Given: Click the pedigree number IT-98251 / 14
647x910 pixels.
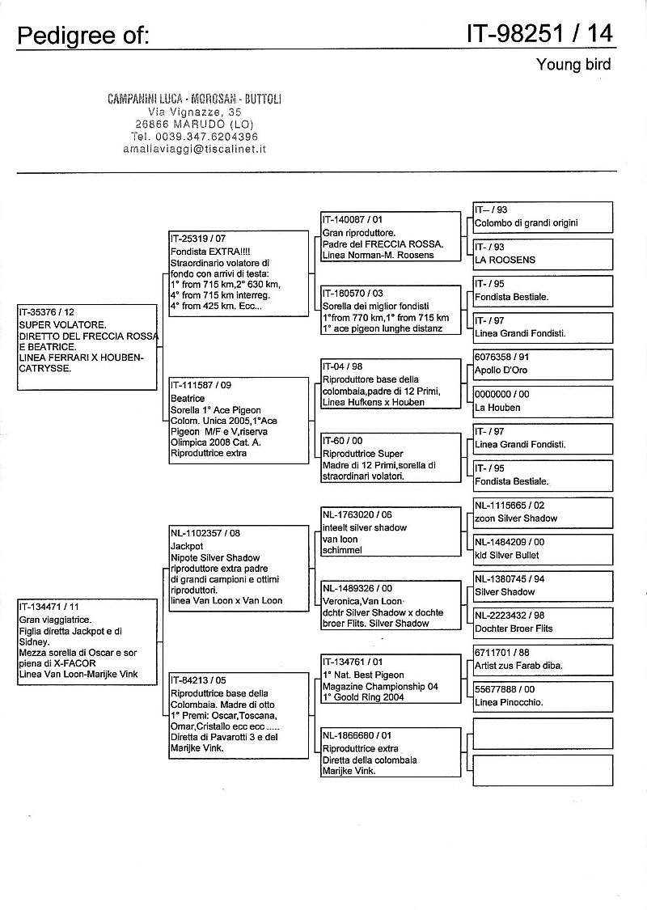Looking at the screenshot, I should click(539, 33).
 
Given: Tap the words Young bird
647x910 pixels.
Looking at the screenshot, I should click(573, 65).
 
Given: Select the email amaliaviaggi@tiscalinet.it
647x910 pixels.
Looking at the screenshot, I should click(195, 149).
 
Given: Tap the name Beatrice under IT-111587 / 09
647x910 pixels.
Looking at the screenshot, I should click(188, 399).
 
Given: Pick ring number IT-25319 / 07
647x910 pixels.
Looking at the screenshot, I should click(198, 239).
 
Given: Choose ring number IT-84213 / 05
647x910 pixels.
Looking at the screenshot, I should click(198, 680).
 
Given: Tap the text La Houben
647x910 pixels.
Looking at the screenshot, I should click(497, 407).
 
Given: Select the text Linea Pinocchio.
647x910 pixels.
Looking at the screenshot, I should click(509, 702).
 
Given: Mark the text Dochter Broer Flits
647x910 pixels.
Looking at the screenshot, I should click(514, 629).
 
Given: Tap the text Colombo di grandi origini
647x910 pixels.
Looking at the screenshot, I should click(526, 222).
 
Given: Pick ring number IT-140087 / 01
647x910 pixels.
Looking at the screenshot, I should click(353, 219).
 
